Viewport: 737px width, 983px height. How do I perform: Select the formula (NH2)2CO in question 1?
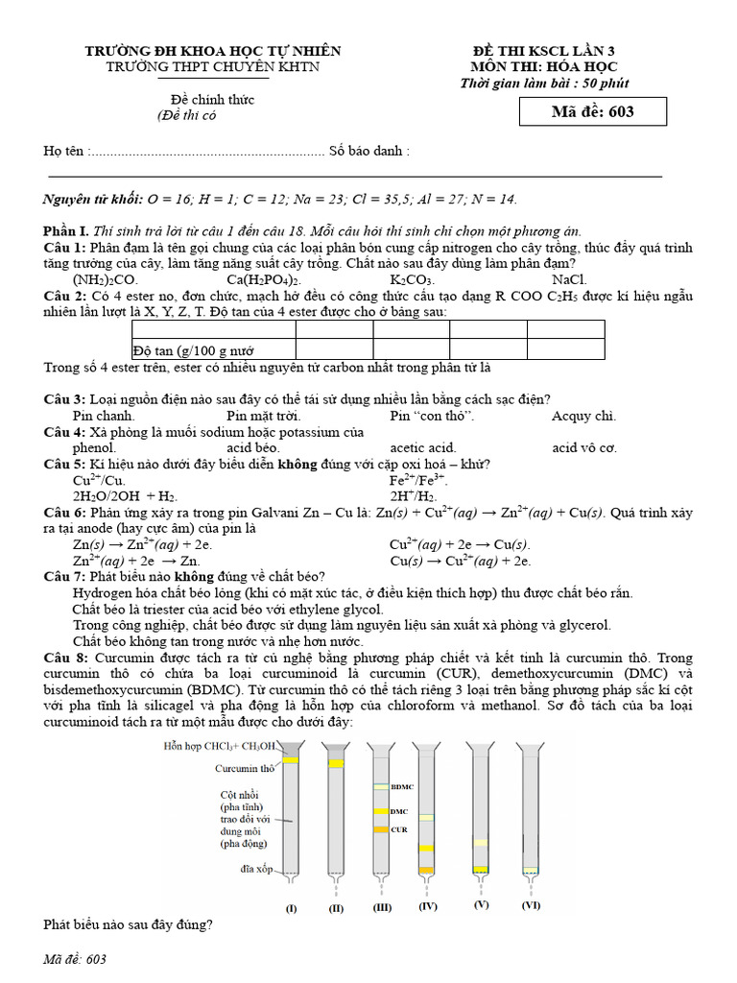(x=106, y=279)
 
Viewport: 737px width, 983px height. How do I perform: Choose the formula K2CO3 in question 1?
(x=412, y=279)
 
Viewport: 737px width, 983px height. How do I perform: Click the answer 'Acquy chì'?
(x=583, y=416)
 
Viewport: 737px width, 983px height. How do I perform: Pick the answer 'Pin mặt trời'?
(x=264, y=416)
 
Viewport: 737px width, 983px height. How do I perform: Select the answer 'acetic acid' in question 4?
(x=422, y=447)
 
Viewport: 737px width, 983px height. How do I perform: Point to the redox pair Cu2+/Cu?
(x=98, y=480)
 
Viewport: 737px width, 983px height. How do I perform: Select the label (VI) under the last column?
(x=531, y=905)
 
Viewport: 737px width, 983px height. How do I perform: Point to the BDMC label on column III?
(x=401, y=787)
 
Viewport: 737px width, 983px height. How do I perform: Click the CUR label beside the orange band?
(x=399, y=828)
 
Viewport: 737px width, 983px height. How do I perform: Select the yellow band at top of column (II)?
(x=336, y=764)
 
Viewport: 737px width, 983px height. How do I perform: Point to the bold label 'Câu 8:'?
(x=66, y=658)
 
